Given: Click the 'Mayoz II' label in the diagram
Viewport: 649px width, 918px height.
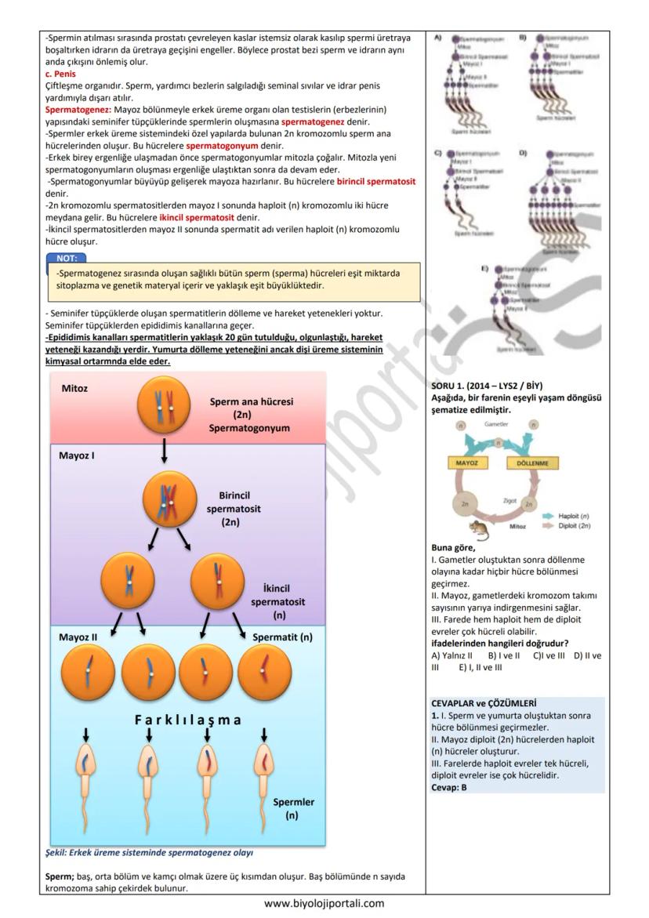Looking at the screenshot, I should (78, 637).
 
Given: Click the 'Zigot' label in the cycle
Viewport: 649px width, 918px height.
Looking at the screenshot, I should (511, 498).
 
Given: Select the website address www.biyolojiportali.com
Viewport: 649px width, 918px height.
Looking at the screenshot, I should (324, 903).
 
